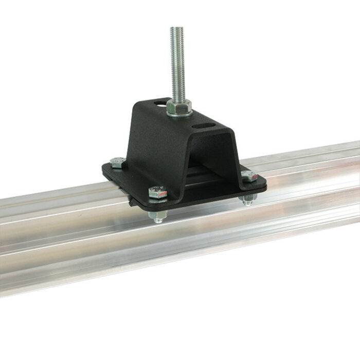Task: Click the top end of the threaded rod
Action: pyautogui.click(x=177, y=29)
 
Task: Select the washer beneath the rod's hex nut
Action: pyautogui.click(x=179, y=114)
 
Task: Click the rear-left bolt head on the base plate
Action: pyautogui.click(x=118, y=163)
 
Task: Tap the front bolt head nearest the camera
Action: pyautogui.click(x=157, y=193)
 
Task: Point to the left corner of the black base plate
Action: pyautogui.click(x=104, y=170)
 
